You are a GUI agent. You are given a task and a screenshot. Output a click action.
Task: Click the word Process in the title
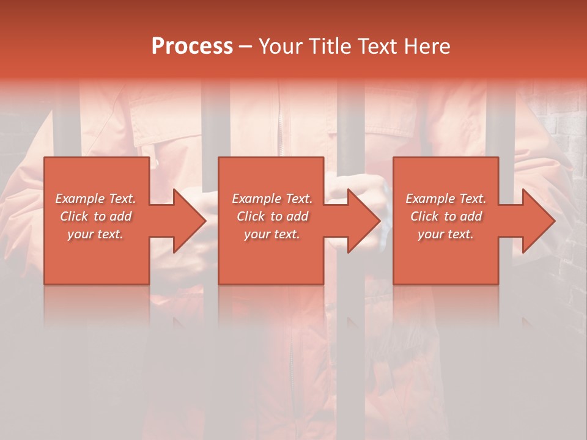pyautogui.click(x=192, y=46)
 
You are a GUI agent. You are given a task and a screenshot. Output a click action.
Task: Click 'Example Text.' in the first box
pyautogui.click(x=95, y=199)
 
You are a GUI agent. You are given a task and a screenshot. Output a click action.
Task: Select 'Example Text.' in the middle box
pyautogui.click(x=272, y=199)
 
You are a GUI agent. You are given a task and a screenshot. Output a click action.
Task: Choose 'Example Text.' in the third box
pyautogui.click(x=446, y=199)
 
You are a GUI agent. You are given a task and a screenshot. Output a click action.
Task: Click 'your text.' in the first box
pyautogui.click(x=95, y=234)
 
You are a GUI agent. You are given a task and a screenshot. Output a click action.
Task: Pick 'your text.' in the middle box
pyautogui.click(x=272, y=234)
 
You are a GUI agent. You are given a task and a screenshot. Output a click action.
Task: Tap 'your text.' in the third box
pyautogui.click(x=446, y=234)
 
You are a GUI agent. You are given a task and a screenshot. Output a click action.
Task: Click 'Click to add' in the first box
pyautogui.click(x=95, y=216)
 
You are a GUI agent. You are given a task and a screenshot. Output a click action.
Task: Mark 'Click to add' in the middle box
pyautogui.click(x=272, y=216)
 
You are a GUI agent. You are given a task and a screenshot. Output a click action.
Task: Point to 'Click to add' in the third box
pyautogui.click(x=446, y=216)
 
